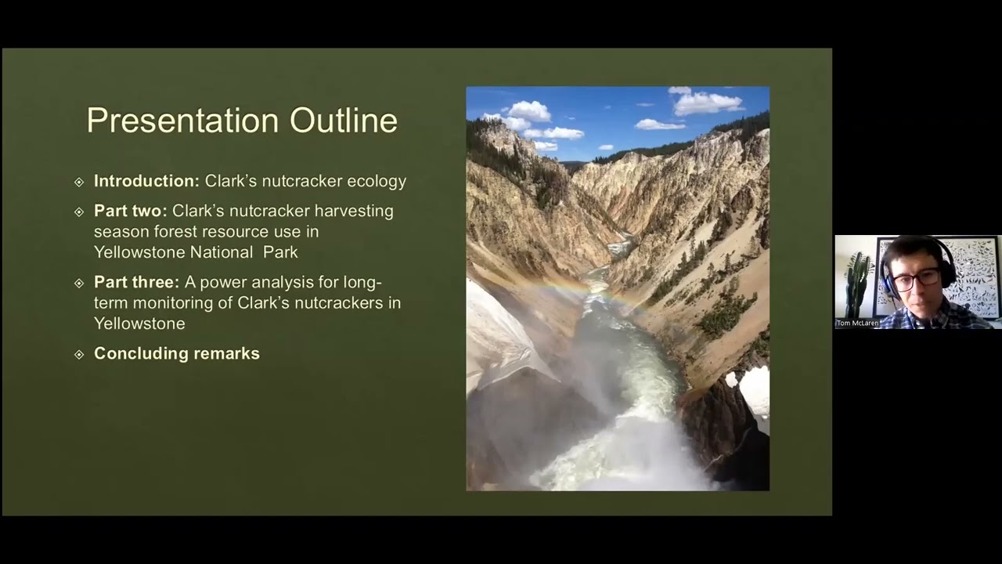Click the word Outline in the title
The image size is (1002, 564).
344,121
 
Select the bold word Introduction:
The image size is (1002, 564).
146,181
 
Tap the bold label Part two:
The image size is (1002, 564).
130,211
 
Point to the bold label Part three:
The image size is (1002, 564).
136,281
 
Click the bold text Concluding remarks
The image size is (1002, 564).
177,353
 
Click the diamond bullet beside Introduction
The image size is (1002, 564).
78,182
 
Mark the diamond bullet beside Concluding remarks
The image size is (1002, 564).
78,354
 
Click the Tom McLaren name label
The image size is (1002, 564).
857,323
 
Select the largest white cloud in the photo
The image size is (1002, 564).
707,102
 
